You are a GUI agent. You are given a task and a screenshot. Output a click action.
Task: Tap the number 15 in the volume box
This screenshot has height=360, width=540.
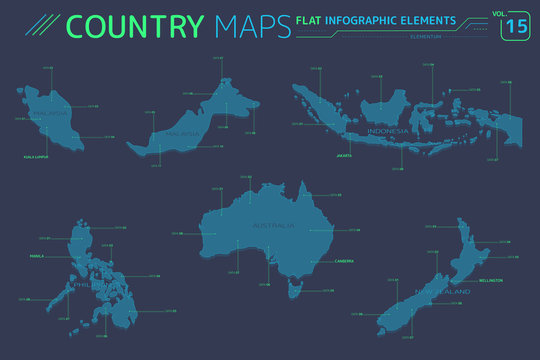512,27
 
